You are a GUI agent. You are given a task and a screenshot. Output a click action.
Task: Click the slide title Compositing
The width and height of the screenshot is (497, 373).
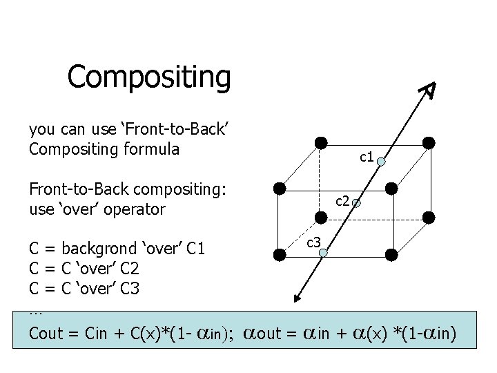point(148,77)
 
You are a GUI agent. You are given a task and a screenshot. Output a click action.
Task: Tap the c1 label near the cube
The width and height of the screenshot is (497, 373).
point(367,157)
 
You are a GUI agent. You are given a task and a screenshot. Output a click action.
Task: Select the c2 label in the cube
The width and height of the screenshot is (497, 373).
point(342,201)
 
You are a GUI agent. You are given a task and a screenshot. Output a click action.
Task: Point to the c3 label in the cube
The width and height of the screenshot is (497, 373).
point(313,241)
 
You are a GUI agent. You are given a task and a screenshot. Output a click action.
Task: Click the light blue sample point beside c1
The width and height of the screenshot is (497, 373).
point(381,162)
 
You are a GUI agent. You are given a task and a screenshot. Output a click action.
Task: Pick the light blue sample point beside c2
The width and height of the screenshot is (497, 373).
point(356,204)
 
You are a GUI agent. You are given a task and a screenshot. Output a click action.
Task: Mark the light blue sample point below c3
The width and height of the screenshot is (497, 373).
point(323,254)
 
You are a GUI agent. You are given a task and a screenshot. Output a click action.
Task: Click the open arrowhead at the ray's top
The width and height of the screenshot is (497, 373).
point(429,89)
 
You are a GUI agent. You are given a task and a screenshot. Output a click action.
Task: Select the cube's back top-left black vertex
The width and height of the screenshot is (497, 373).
point(321,143)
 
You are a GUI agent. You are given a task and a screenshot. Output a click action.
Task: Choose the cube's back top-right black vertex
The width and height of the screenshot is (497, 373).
point(429,143)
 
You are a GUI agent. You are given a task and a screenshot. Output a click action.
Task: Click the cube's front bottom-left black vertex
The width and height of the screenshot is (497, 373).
point(279,254)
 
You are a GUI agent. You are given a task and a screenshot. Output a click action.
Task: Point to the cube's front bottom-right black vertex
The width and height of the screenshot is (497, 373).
point(391,254)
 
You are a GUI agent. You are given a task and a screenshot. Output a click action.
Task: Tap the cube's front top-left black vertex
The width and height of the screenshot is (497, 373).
point(279,188)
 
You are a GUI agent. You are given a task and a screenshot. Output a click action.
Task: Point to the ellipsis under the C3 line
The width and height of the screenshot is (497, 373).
point(36,310)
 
